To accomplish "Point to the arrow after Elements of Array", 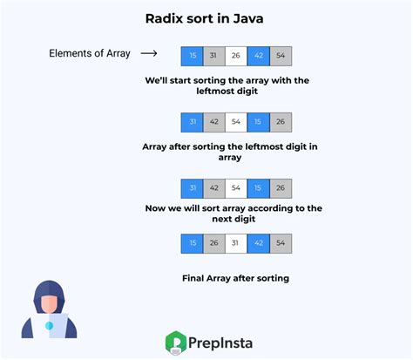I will pyautogui.click(x=149, y=54).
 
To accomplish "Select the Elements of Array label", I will pyautogui.click(x=89, y=54).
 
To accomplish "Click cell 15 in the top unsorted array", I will pyautogui.click(x=191, y=56).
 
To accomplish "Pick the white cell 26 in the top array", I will pyautogui.click(x=236, y=56).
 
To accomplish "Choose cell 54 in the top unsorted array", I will pyautogui.click(x=281, y=56).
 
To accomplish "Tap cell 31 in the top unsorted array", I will pyautogui.click(x=213, y=56).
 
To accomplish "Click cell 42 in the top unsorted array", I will pyautogui.click(x=259, y=56).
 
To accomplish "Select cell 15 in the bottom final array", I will pyautogui.click(x=191, y=243).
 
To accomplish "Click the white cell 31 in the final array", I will pyautogui.click(x=236, y=243).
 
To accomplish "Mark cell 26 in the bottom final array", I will pyautogui.click(x=213, y=243).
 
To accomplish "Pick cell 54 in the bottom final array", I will pyautogui.click(x=281, y=243).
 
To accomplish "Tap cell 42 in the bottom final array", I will pyautogui.click(x=259, y=243).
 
